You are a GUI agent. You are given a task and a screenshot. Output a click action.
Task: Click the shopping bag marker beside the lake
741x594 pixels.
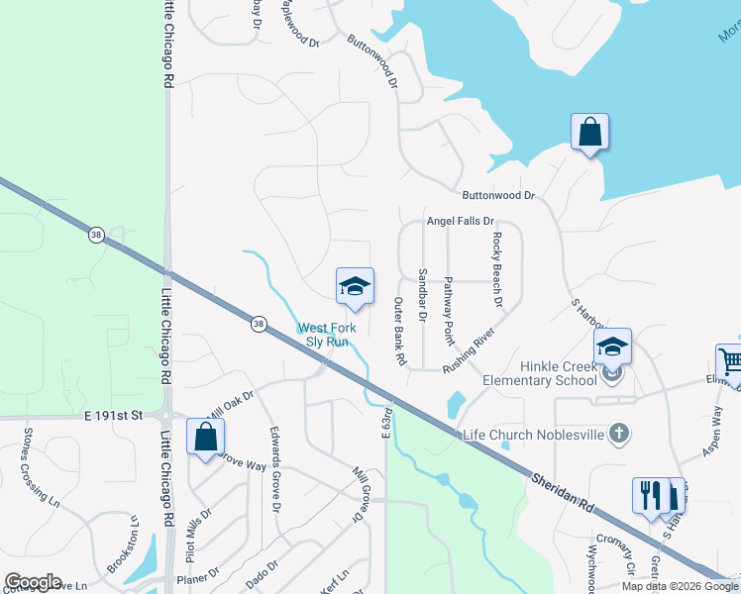tap(589, 133)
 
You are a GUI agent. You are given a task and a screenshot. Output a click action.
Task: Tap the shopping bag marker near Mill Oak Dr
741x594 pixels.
tap(205, 438)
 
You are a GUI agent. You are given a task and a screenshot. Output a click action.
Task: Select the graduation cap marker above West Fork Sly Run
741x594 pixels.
tap(355, 287)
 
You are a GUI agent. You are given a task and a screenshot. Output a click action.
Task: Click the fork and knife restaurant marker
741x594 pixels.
tap(650, 496)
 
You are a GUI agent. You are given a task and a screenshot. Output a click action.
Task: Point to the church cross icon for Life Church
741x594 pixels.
tap(618, 434)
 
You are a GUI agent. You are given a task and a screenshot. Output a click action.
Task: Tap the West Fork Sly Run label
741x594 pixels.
tap(325, 335)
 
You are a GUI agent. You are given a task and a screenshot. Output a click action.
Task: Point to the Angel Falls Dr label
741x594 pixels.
tap(460, 223)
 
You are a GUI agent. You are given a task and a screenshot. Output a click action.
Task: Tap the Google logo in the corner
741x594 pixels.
tap(33, 582)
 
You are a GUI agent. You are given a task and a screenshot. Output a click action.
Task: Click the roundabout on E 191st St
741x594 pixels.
tap(166, 417)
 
